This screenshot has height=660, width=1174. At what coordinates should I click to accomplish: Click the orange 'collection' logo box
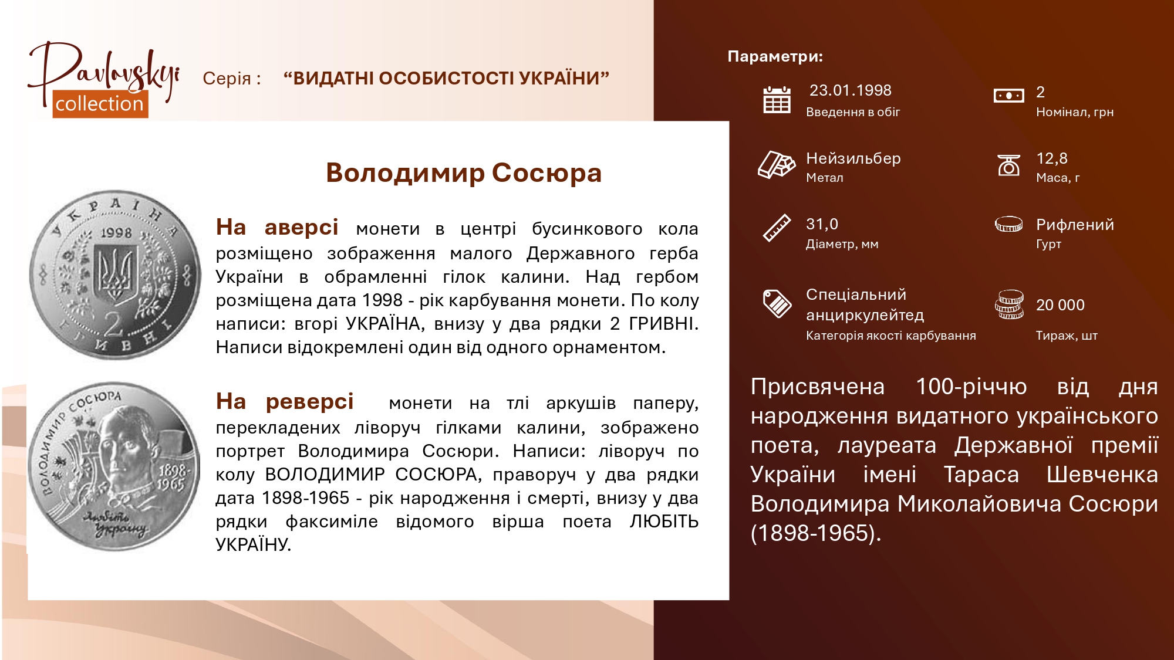(x=100, y=104)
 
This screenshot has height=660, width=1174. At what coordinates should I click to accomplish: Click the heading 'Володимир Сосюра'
(x=464, y=173)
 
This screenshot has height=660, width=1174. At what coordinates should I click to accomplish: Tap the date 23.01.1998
(x=850, y=90)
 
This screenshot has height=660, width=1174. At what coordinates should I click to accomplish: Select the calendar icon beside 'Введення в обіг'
(x=777, y=100)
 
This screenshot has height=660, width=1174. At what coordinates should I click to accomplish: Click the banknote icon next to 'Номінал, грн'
(x=1008, y=95)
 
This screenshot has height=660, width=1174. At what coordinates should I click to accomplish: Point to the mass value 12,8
(x=1052, y=158)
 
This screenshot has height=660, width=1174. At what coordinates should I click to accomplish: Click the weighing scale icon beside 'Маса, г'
(x=1008, y=165)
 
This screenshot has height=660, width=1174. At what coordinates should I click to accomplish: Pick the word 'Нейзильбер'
(x=853, y=158)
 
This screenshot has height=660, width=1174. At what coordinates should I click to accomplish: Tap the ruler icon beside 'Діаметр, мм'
(x=777, y=228)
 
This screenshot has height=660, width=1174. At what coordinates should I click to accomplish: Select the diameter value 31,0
(x=822, y=224)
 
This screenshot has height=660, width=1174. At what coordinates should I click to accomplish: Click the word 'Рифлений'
(x=1075, y=225)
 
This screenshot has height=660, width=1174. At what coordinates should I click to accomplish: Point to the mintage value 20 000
(x=1060, y=305)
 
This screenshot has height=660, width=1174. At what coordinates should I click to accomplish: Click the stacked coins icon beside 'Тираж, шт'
(x=1009, y=304)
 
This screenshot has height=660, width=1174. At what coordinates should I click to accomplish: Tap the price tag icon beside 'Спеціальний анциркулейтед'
(x=777, y=303)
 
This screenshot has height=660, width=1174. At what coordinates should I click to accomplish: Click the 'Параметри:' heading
(x=775, y=56)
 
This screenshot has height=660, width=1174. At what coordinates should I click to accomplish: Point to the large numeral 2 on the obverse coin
(x=113, y=323)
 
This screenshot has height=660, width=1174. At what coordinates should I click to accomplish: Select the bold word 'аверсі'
(x=301, y=227)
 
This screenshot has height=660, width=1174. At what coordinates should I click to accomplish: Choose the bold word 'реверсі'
(x=309, y=402)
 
